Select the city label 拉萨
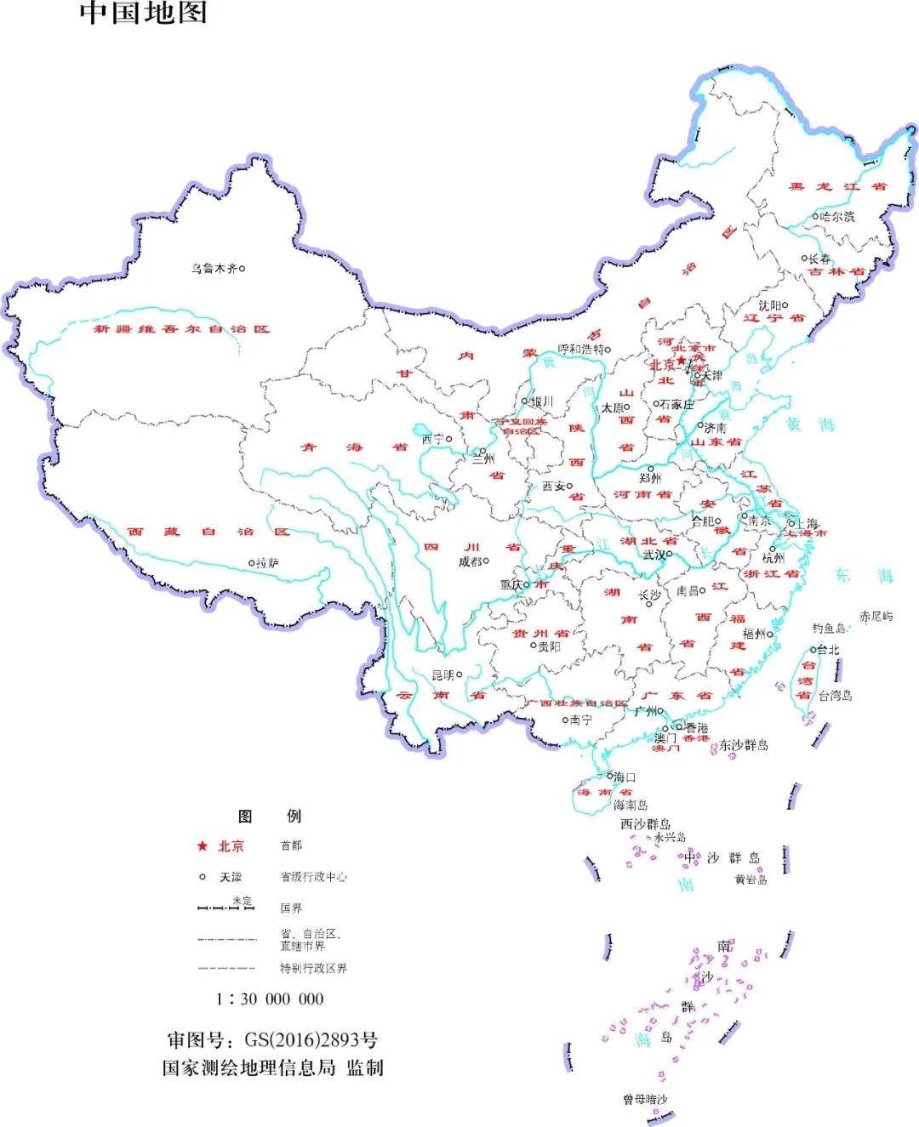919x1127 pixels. coord(268,563)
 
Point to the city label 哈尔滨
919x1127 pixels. coord(837,217)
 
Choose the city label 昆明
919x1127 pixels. coord(442,674)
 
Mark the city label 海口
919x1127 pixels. coord(625,777)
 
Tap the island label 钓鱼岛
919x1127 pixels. coord(829,629)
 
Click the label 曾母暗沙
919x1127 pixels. coord(645,1100)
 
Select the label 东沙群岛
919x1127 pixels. coord(744,745)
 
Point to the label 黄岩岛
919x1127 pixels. coord(751,879)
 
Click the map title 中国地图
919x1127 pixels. coord(144,13)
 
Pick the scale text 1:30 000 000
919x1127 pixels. coord(270,999)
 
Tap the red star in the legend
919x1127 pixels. coord(203,845)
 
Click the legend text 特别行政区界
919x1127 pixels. coord(313,968)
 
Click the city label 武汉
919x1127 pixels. coord(654,555)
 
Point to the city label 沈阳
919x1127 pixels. coord(768,305)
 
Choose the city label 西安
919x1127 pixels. coord(553,487)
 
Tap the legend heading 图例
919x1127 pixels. coord(269,817)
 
